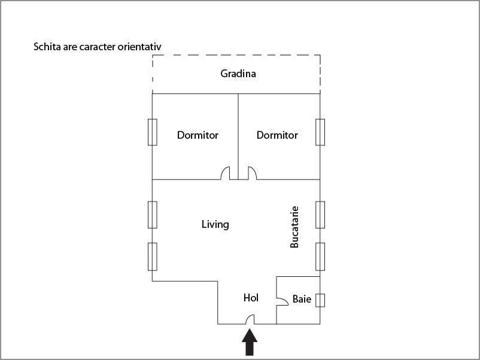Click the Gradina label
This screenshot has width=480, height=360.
[238, 74]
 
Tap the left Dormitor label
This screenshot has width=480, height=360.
[198, 135]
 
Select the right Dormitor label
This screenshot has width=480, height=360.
[277, 135]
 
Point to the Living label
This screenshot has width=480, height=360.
[215, 224]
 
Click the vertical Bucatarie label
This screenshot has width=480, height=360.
[294, 227]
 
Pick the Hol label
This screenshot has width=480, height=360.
[251, 298]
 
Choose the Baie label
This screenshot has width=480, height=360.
[302, 299]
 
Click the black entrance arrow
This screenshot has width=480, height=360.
[250, 342]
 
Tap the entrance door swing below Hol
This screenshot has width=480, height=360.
[250, 319]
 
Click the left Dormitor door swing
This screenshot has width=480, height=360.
[225, 173]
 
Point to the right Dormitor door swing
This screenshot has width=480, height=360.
[252, 173]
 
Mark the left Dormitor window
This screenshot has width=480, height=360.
[153, 132]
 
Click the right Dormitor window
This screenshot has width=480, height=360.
[320, 132]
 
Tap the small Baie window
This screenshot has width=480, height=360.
[320, 300]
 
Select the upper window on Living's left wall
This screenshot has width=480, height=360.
[153, 215]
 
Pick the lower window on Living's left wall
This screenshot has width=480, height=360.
[153, 257]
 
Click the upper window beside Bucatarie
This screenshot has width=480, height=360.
[320, 215]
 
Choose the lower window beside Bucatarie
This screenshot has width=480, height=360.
[320, 257]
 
